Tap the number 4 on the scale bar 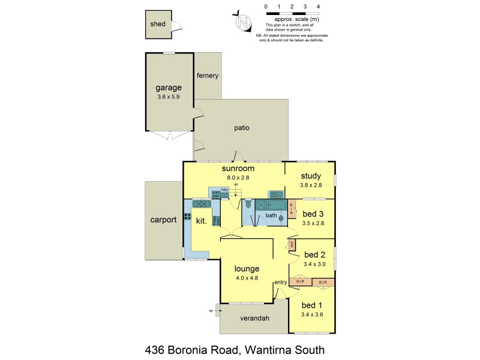click(x=318, y=6)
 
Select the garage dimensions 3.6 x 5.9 click(x=168, y=96)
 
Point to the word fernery click(x=208, y=76)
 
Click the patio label click(x=242, y=128)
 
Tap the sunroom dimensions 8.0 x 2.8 click(x=234, y=178)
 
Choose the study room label click(x=311, y=176)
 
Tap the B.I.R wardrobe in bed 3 click(x=292, y=209)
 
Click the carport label click(x=163, y=220)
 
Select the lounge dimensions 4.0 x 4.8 click(x=247, y=278)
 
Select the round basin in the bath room click(x=281, y=218)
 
